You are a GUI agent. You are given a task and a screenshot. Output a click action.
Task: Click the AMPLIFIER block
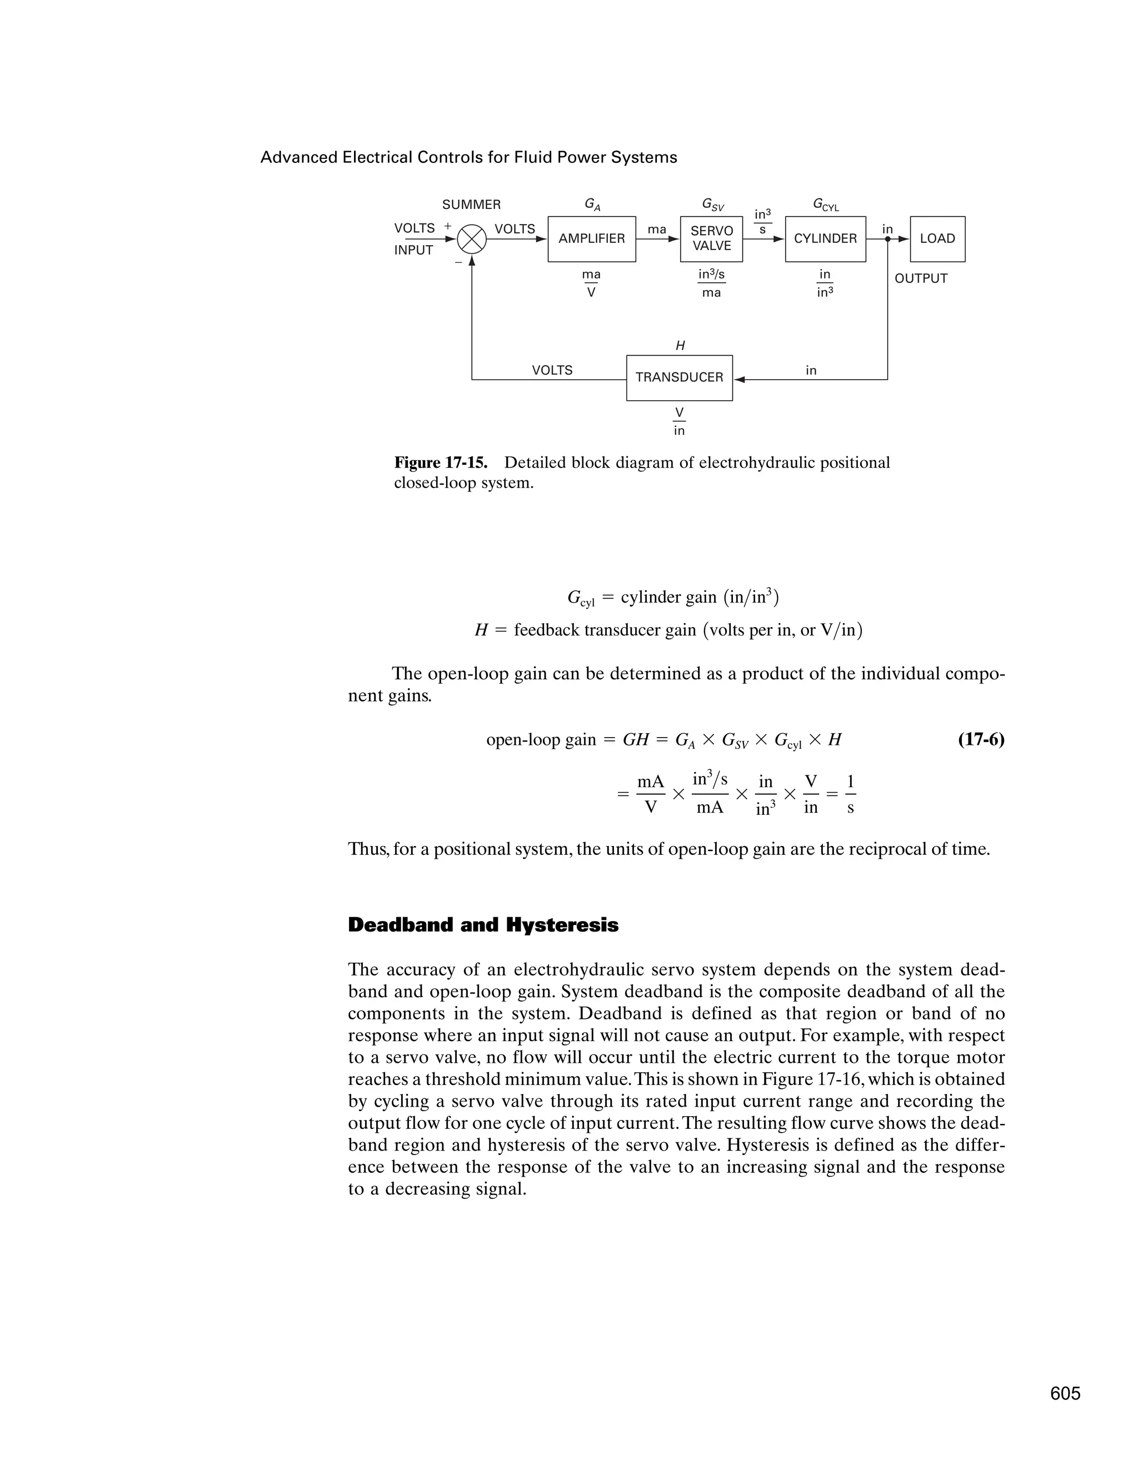tap(591, 238)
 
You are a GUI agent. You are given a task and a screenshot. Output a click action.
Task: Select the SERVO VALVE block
tap(711, 238)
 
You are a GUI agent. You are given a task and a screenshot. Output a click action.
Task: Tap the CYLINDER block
tap(825, 238)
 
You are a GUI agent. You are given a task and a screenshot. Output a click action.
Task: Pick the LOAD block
tap(937, 238)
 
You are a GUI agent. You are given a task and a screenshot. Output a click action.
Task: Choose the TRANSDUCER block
tap(679, 378)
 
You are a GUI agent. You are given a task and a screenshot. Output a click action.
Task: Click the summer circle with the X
tap(472, 238)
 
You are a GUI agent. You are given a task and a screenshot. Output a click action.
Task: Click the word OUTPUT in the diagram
tap(920, 278)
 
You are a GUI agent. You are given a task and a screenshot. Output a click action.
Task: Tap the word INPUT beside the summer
tap(413, 250)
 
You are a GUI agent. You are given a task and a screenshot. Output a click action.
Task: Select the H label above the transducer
tap(680, 346)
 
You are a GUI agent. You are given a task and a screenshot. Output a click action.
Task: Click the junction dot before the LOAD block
tap(887, 238)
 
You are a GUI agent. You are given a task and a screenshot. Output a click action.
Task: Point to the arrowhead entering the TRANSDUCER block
tap(739, 380)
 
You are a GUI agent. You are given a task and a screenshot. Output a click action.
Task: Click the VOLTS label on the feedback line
tap(552, 370)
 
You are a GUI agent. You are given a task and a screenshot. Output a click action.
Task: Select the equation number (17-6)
tap(980, 739)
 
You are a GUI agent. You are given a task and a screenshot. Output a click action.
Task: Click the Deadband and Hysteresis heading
tap(483, 925)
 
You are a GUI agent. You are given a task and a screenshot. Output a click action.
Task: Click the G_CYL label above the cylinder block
tap(826, 205)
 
